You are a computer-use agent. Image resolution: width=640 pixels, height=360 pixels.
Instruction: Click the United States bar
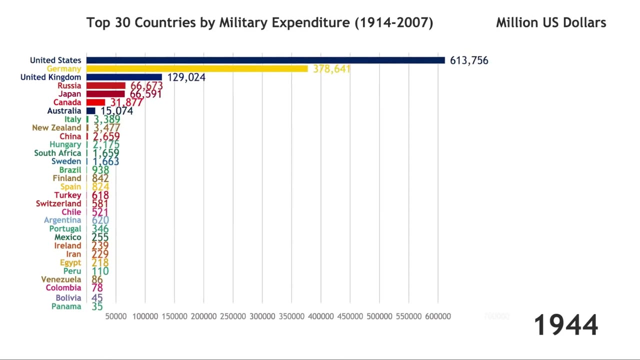click(265, 60)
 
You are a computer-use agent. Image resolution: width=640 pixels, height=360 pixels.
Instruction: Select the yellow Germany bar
click(197, 68)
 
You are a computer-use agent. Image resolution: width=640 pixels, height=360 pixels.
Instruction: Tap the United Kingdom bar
click(124, 77)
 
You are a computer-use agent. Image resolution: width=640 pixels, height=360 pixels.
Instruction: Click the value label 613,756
click(469, 60)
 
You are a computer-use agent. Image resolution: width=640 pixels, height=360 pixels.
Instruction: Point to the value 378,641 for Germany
click(331, 69)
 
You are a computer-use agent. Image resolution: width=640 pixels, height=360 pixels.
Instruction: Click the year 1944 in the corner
click(565, 325)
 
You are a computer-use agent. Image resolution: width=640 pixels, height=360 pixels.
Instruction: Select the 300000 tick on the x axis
click(262, 316)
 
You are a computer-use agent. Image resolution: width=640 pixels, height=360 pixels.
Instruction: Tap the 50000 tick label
click(115, 316)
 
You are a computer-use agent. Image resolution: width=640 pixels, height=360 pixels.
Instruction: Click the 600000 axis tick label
click(438, 316)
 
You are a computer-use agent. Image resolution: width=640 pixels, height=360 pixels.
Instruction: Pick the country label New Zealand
click(56, 128)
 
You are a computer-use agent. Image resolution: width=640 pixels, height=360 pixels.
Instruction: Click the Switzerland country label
click(58, 203)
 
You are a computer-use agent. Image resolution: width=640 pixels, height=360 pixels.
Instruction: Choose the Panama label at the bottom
click(66, 306)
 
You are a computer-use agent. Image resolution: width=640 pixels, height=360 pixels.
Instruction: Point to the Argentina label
click(62, 220)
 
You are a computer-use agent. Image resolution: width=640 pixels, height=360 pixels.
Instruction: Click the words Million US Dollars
click(551, 22)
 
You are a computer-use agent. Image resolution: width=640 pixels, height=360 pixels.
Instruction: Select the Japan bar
click(105, 94)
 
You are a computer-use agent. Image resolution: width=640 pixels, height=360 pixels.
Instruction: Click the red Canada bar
click(95, 102)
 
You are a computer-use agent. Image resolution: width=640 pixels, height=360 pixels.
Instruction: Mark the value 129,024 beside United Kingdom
click(186, 77)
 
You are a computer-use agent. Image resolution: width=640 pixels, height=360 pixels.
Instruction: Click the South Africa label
click(57, 153)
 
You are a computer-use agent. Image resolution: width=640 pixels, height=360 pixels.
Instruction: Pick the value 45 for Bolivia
click(97, 298)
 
